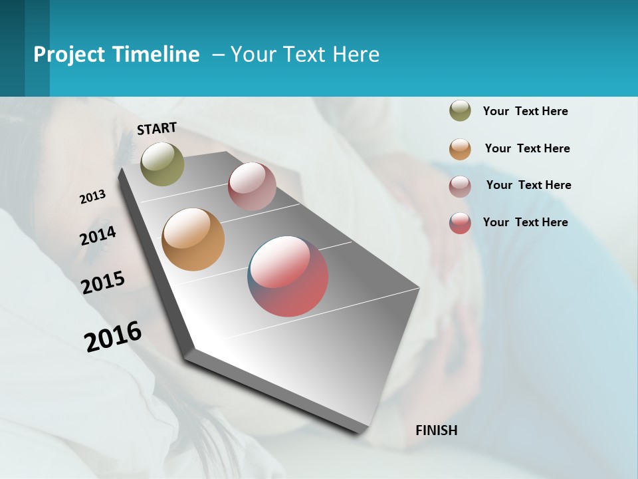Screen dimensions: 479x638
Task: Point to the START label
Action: coord(157,128)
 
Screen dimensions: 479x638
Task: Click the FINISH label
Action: coord(436,430)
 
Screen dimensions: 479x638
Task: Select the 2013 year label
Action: coord(92,197)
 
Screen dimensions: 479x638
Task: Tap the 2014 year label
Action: coord(98,236)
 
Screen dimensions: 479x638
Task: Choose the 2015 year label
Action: coord(103,282)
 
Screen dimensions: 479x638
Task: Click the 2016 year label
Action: coord(113,336)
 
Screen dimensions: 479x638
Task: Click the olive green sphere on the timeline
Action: coord(163,164)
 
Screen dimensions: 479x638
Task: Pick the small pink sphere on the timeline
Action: coord(252,186)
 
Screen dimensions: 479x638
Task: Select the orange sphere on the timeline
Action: coord(193,239)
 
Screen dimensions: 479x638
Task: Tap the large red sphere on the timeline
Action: coord(288,276)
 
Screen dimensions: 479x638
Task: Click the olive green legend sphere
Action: coord(460,110)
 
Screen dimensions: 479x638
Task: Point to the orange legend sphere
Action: coord(460,148)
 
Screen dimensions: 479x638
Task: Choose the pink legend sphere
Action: coord(460,186)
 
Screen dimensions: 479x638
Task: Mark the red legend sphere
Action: coord(460,223)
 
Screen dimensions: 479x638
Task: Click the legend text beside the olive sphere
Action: coord(525,111)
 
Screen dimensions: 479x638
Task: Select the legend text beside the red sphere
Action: coord(525,222)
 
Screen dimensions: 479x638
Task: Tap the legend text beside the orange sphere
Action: coord(527,148)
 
